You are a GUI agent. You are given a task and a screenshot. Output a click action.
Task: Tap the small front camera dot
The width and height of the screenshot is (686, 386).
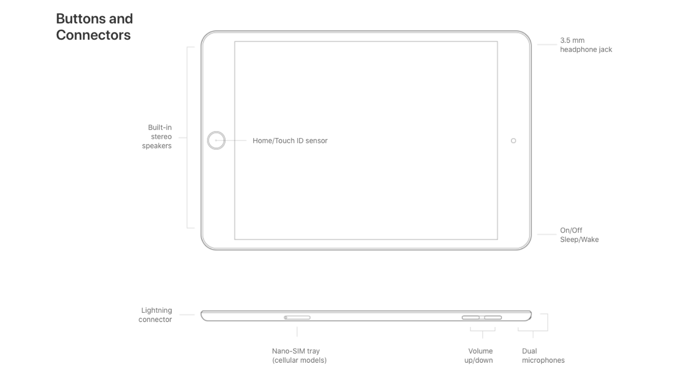513,141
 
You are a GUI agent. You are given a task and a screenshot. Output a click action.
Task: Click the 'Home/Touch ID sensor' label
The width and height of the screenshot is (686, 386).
290,141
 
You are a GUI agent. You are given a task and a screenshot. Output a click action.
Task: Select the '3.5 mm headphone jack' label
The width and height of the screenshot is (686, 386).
586,45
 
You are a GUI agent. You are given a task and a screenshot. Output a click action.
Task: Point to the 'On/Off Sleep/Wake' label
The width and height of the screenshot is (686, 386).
579,235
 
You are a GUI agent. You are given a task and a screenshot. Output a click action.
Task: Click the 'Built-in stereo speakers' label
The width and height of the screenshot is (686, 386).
157,137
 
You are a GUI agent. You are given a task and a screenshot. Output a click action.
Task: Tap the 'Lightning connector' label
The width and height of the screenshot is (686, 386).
155,315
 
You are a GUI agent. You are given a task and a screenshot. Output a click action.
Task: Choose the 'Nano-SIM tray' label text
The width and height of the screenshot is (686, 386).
296,351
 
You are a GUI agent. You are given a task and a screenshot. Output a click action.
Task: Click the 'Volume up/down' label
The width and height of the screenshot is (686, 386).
479,356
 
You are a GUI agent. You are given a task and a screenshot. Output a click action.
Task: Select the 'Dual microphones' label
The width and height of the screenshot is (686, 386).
543,356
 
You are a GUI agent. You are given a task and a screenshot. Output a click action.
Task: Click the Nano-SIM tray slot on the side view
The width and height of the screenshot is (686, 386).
297,317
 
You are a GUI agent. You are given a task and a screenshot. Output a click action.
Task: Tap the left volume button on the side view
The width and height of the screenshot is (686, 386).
471,317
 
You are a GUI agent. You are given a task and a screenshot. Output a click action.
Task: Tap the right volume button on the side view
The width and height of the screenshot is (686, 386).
493,317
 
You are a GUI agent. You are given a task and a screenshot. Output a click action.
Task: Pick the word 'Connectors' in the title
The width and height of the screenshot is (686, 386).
93,35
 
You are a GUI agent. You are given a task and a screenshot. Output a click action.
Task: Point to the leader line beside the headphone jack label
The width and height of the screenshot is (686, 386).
547,45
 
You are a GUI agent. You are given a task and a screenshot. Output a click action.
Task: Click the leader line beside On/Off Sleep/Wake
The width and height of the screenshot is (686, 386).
547,234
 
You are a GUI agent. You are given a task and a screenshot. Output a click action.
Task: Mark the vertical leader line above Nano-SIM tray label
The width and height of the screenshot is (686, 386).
297,332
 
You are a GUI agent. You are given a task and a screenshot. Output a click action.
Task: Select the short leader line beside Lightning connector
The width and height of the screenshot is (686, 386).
187,315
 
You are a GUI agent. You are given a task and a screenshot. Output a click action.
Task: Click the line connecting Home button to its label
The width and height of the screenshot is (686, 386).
231,140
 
